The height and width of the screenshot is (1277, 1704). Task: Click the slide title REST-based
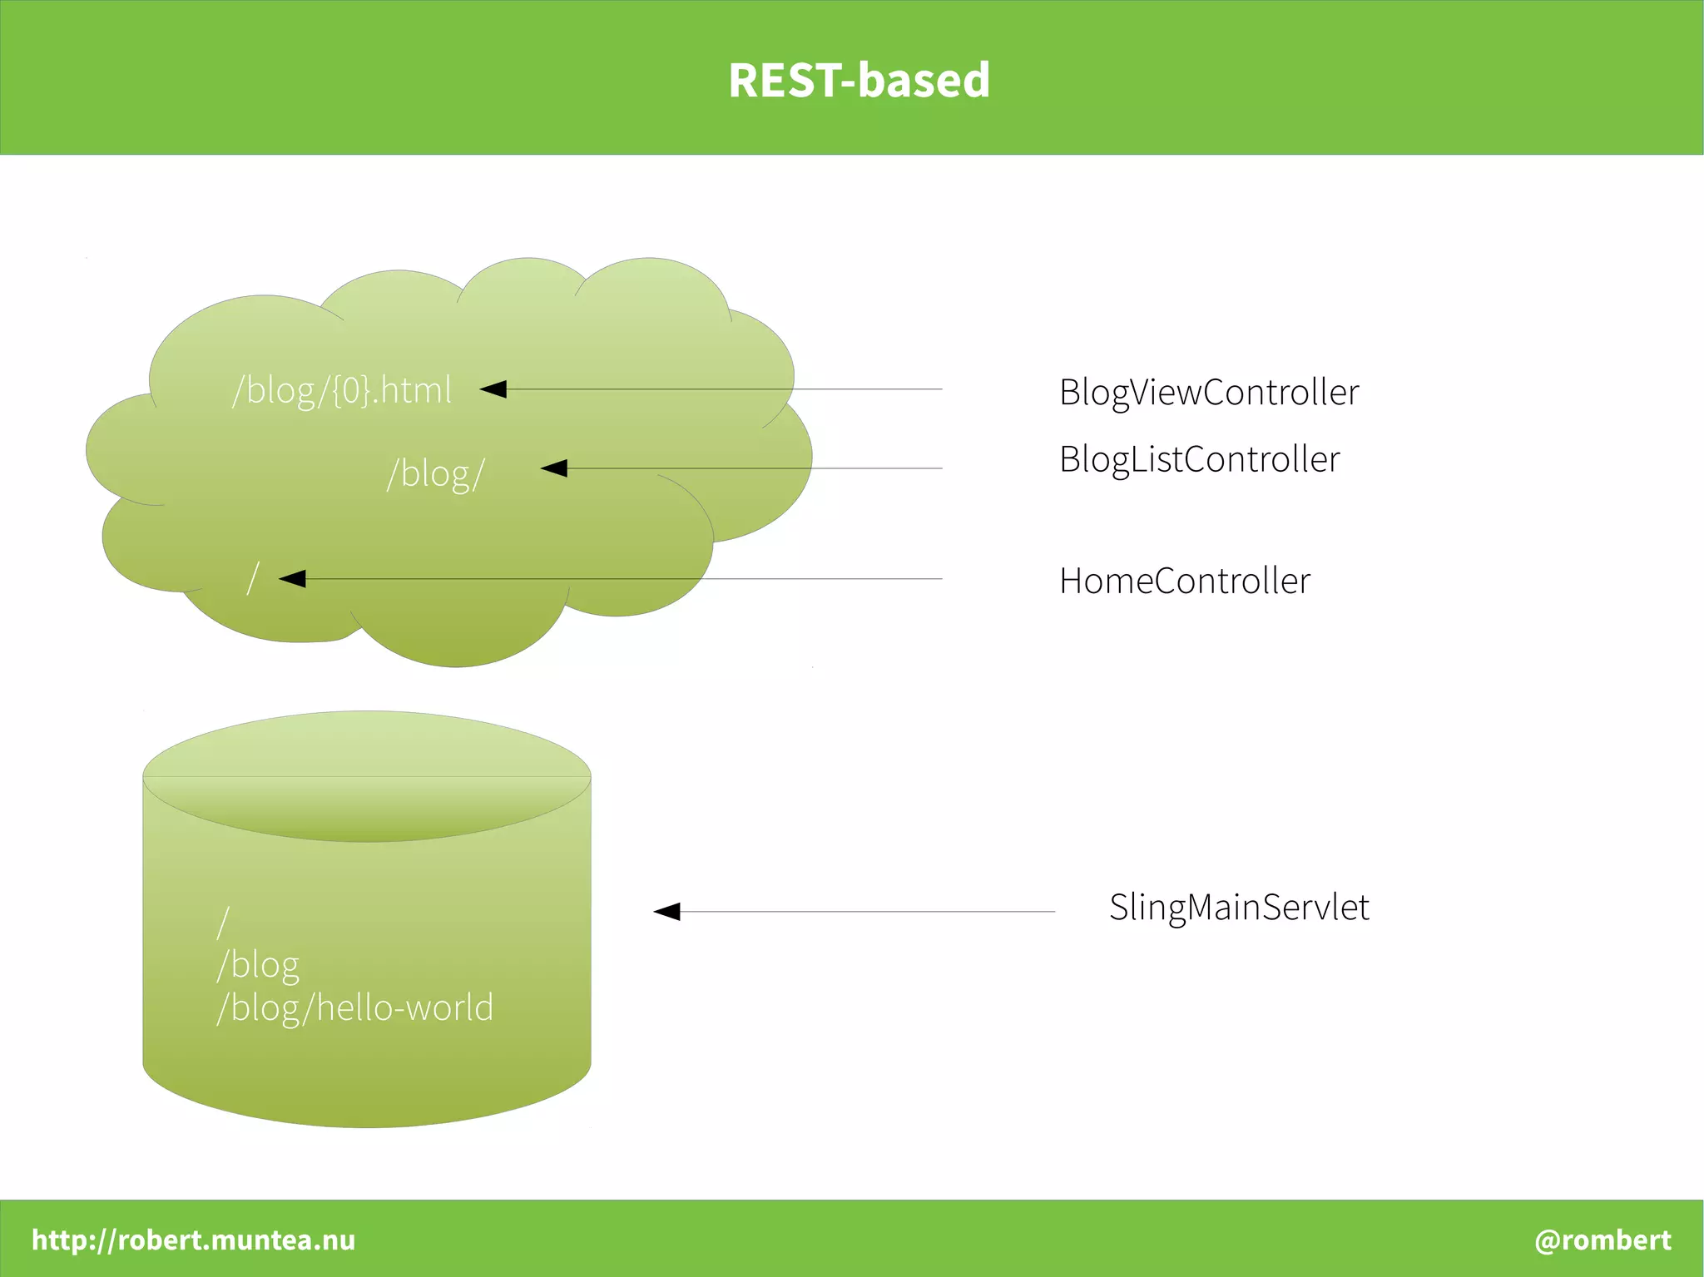[x=859, y=81]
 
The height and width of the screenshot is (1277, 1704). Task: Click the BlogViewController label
[x=1208, y=393]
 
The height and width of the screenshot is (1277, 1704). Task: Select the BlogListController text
[x=1199, y=459]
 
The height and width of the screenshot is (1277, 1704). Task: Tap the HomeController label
[x=1184, y=581]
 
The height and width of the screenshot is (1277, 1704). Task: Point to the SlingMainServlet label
[x=1238, y=907]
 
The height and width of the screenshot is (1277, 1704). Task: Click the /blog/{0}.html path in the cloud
[x=342, y=390]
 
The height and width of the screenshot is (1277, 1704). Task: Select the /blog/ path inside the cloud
[x=435, y=474]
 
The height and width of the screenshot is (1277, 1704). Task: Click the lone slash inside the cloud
[x=254, y=578]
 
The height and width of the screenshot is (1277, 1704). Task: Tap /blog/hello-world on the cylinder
[x=355, y=1007]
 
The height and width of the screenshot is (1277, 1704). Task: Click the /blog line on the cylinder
[x=258, y=965]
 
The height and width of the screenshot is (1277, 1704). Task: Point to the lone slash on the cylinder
[x=222, y=923]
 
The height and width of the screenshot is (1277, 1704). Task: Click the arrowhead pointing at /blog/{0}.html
[x=493, y=389]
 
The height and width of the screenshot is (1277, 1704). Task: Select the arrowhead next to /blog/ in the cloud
[x=554, y=468]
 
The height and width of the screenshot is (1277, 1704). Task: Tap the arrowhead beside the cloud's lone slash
[x=292, y=578]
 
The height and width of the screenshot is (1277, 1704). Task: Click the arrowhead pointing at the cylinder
[x=667, y=912]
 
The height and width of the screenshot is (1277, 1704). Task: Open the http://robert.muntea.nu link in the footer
[x=193, y=1240]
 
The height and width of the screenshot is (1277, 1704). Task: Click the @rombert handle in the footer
[x=1602, y=1240]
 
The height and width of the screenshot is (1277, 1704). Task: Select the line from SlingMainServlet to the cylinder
[x=865, y=912]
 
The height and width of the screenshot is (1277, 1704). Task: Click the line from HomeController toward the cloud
[x=624, y=578]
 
